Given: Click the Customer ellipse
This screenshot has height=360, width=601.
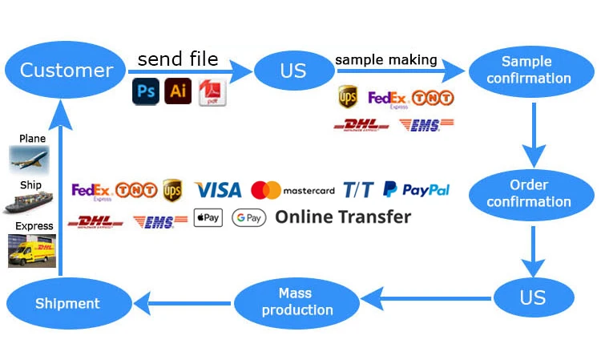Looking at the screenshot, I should coord(67,70).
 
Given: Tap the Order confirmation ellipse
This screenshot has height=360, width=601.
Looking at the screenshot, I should coord(529,193).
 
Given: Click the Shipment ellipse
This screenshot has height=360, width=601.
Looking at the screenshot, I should coord(67,303).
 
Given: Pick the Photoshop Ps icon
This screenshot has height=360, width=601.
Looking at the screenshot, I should coord(146,91).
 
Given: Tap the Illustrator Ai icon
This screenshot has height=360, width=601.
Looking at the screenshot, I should coord(178,91).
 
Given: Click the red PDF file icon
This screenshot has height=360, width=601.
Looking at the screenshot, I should coord(212,91).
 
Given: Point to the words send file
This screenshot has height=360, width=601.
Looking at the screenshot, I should coord(177,59).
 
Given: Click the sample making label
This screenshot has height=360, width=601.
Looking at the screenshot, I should coord(386,59).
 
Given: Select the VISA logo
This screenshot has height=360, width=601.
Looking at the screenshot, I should coord(217,190).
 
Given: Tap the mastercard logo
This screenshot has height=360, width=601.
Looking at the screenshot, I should coord(292,190).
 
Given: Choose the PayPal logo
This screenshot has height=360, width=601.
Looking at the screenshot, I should coord(416,190).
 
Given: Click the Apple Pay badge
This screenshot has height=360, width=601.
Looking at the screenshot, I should coord(208,217).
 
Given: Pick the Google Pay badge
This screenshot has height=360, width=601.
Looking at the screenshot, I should coord(248,217).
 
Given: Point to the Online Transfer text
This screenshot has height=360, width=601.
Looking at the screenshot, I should coord(343,216).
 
